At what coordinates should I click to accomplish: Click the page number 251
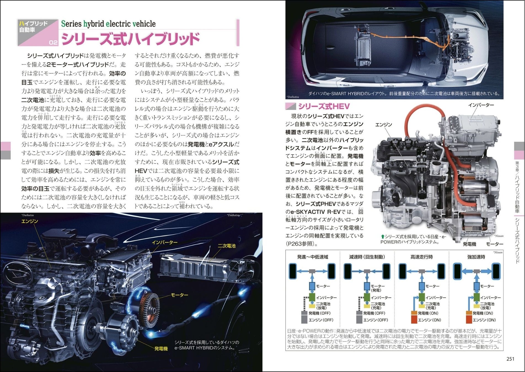click(510, 359)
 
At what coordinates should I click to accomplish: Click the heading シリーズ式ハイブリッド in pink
click(130, 39)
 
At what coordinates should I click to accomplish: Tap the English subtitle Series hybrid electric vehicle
click(108, 24)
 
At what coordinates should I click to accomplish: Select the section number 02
click(53, 42)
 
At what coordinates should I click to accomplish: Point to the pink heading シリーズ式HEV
click(324, 106)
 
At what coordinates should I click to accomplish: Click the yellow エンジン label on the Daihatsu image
click(30, 221)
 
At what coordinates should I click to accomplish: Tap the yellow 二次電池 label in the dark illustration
click(227, 246)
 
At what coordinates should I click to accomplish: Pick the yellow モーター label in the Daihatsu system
click(180, 295)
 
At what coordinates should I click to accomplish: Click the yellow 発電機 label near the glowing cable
click(161, 349)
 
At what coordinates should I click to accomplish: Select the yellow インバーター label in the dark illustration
click(165, 242)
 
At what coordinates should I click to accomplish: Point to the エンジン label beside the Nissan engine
click(384, 125)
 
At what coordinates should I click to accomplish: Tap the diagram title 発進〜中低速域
click(312, 257)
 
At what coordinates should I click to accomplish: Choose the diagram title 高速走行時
click(422, 257)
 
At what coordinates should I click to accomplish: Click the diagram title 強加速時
click(476, 257)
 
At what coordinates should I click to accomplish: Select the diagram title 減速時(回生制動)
click(367, 257)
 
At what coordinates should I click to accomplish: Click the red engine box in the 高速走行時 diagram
click(414, 320)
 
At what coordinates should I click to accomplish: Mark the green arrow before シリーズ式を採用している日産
click(382, 237)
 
